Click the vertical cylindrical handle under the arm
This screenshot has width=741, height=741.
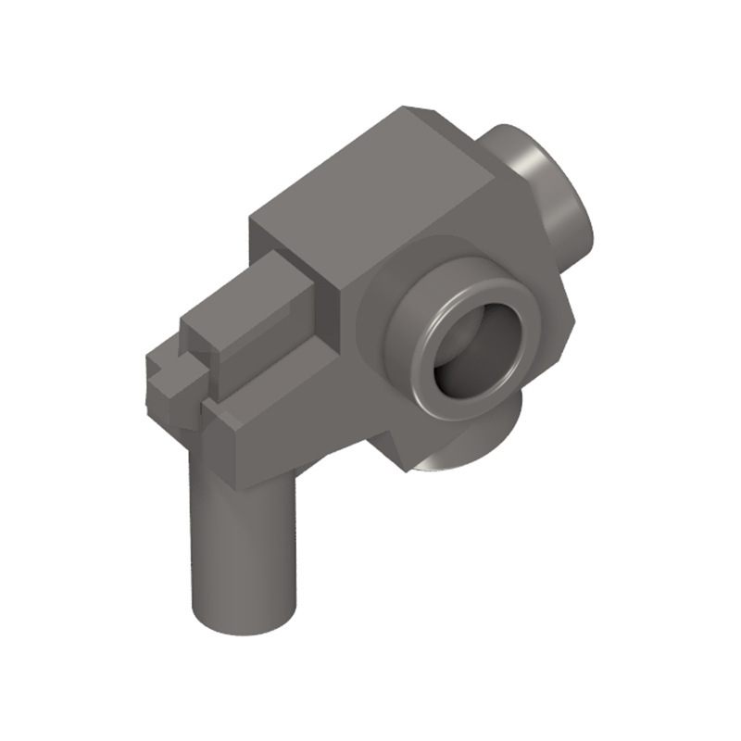[x=243, y=546]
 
